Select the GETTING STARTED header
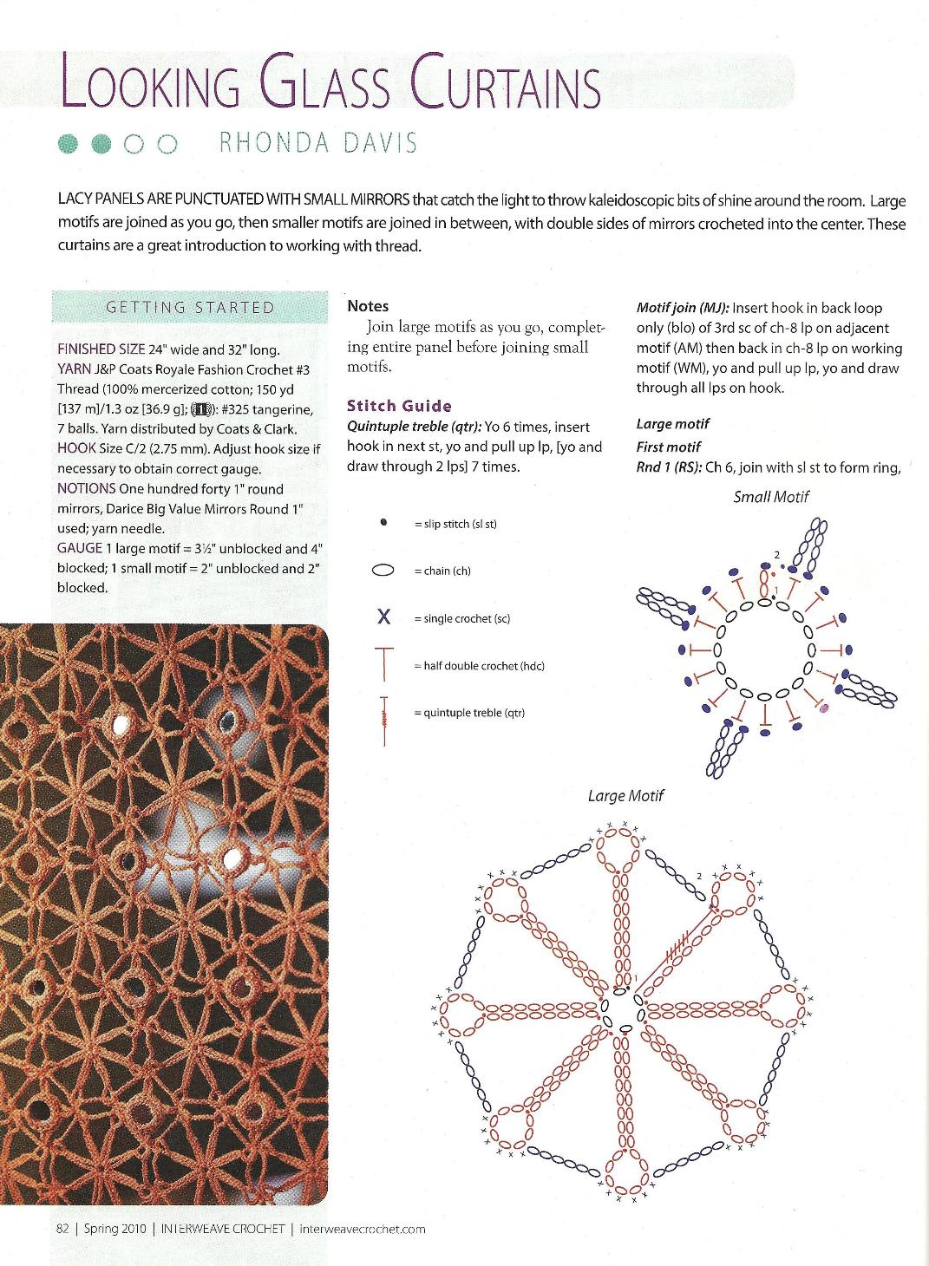189,307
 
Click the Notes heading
368,306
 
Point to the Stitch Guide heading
399,406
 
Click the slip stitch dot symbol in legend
383,523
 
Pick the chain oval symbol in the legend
383,571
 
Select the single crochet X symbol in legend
383,617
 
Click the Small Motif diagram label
771,497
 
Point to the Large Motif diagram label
625,795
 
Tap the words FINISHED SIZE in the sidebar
101,349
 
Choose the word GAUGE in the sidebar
80,548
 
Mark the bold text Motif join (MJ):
683,308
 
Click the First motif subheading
668,447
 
